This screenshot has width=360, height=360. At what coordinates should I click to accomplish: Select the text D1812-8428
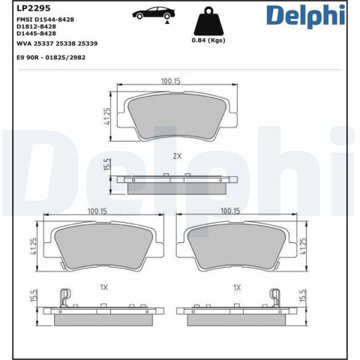36,27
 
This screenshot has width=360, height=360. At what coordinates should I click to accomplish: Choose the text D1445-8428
36,34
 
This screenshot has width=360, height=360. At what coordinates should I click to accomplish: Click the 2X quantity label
177,157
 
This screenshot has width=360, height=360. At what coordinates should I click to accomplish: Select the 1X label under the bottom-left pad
104,287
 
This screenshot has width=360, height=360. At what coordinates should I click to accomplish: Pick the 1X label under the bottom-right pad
237,287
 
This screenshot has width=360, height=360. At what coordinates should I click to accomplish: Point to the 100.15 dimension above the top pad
173,81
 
